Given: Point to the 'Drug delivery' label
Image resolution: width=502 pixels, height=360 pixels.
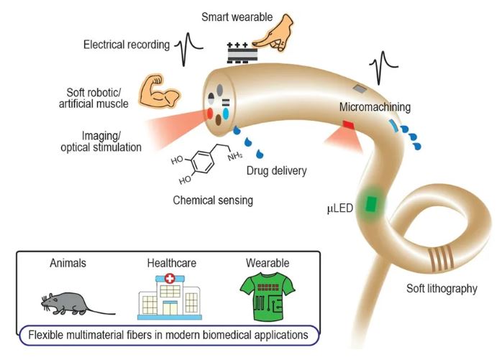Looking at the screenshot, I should tap(276, 171).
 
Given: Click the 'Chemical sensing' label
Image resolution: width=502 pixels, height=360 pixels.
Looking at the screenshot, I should tap(213, 200).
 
